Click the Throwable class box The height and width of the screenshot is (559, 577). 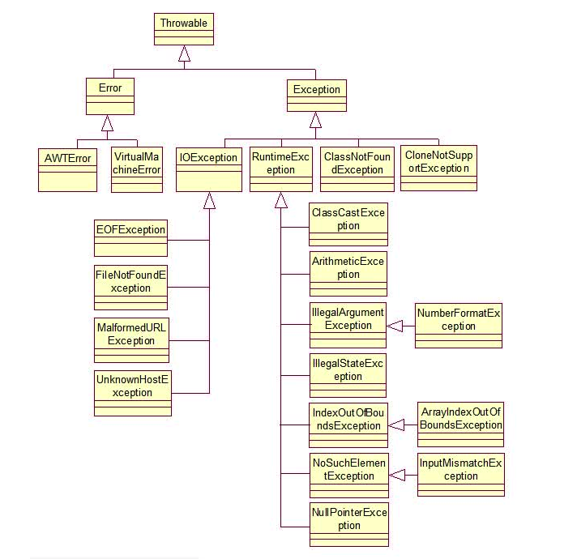[x=184, y=29]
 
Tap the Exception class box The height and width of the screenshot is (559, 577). [x=315, y=96]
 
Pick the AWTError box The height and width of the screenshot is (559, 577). [x=67, y=169]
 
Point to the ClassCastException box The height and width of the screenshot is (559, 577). [x=348, y=225]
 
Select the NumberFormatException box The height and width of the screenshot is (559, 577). [x=459, y=326]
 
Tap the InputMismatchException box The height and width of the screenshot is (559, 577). [x=461, y=475]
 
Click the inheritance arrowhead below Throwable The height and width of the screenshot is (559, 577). [x=185, y=54]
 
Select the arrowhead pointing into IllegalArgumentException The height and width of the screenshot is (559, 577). [x=394, y=326]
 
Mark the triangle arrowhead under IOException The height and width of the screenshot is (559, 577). [x=209, y=201]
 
